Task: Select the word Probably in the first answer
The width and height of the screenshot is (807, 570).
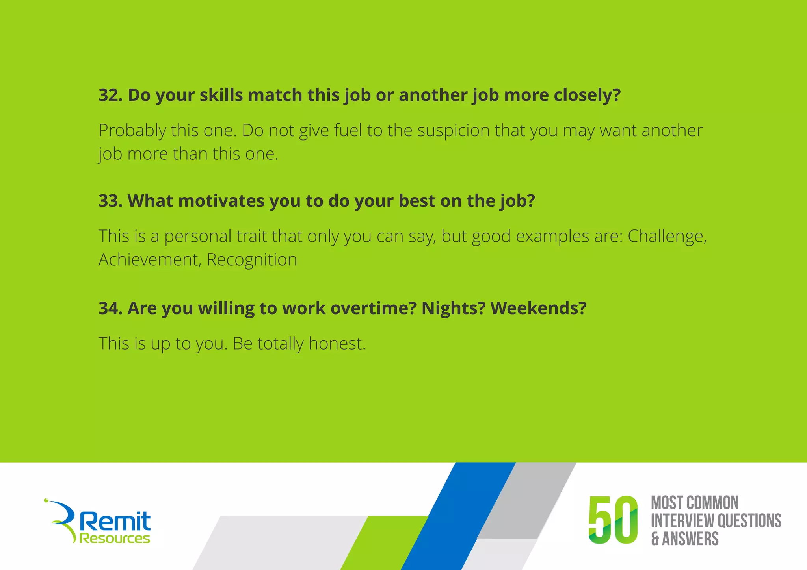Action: pos(132,131)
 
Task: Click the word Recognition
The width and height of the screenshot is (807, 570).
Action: pos(252,260)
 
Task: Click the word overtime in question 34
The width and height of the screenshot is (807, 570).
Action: pos(373,308)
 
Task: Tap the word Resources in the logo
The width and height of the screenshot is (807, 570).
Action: pos(115,538)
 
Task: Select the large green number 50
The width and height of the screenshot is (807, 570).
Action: pos(612,520)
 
